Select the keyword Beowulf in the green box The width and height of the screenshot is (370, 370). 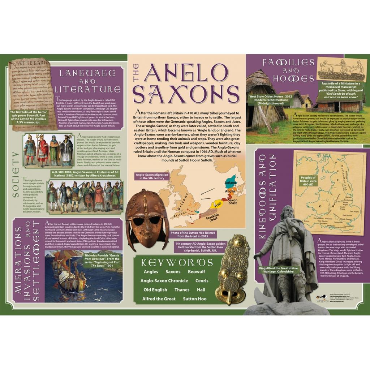tap(196, 272)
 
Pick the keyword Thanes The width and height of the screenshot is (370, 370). tap(182, 290)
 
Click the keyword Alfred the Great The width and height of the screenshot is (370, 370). tap(159, 299)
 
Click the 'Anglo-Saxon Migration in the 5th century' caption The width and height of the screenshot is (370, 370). tap(150, 176)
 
